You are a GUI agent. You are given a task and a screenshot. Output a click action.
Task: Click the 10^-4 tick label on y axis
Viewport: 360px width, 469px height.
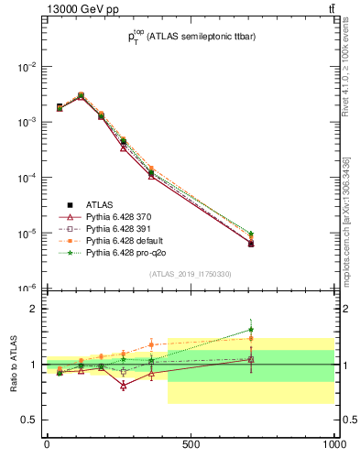point(27,178)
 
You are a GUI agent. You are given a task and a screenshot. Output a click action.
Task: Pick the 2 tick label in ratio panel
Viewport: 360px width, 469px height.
point(34,309)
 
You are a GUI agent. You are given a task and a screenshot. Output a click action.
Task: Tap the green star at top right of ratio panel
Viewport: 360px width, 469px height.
point(277,330)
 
